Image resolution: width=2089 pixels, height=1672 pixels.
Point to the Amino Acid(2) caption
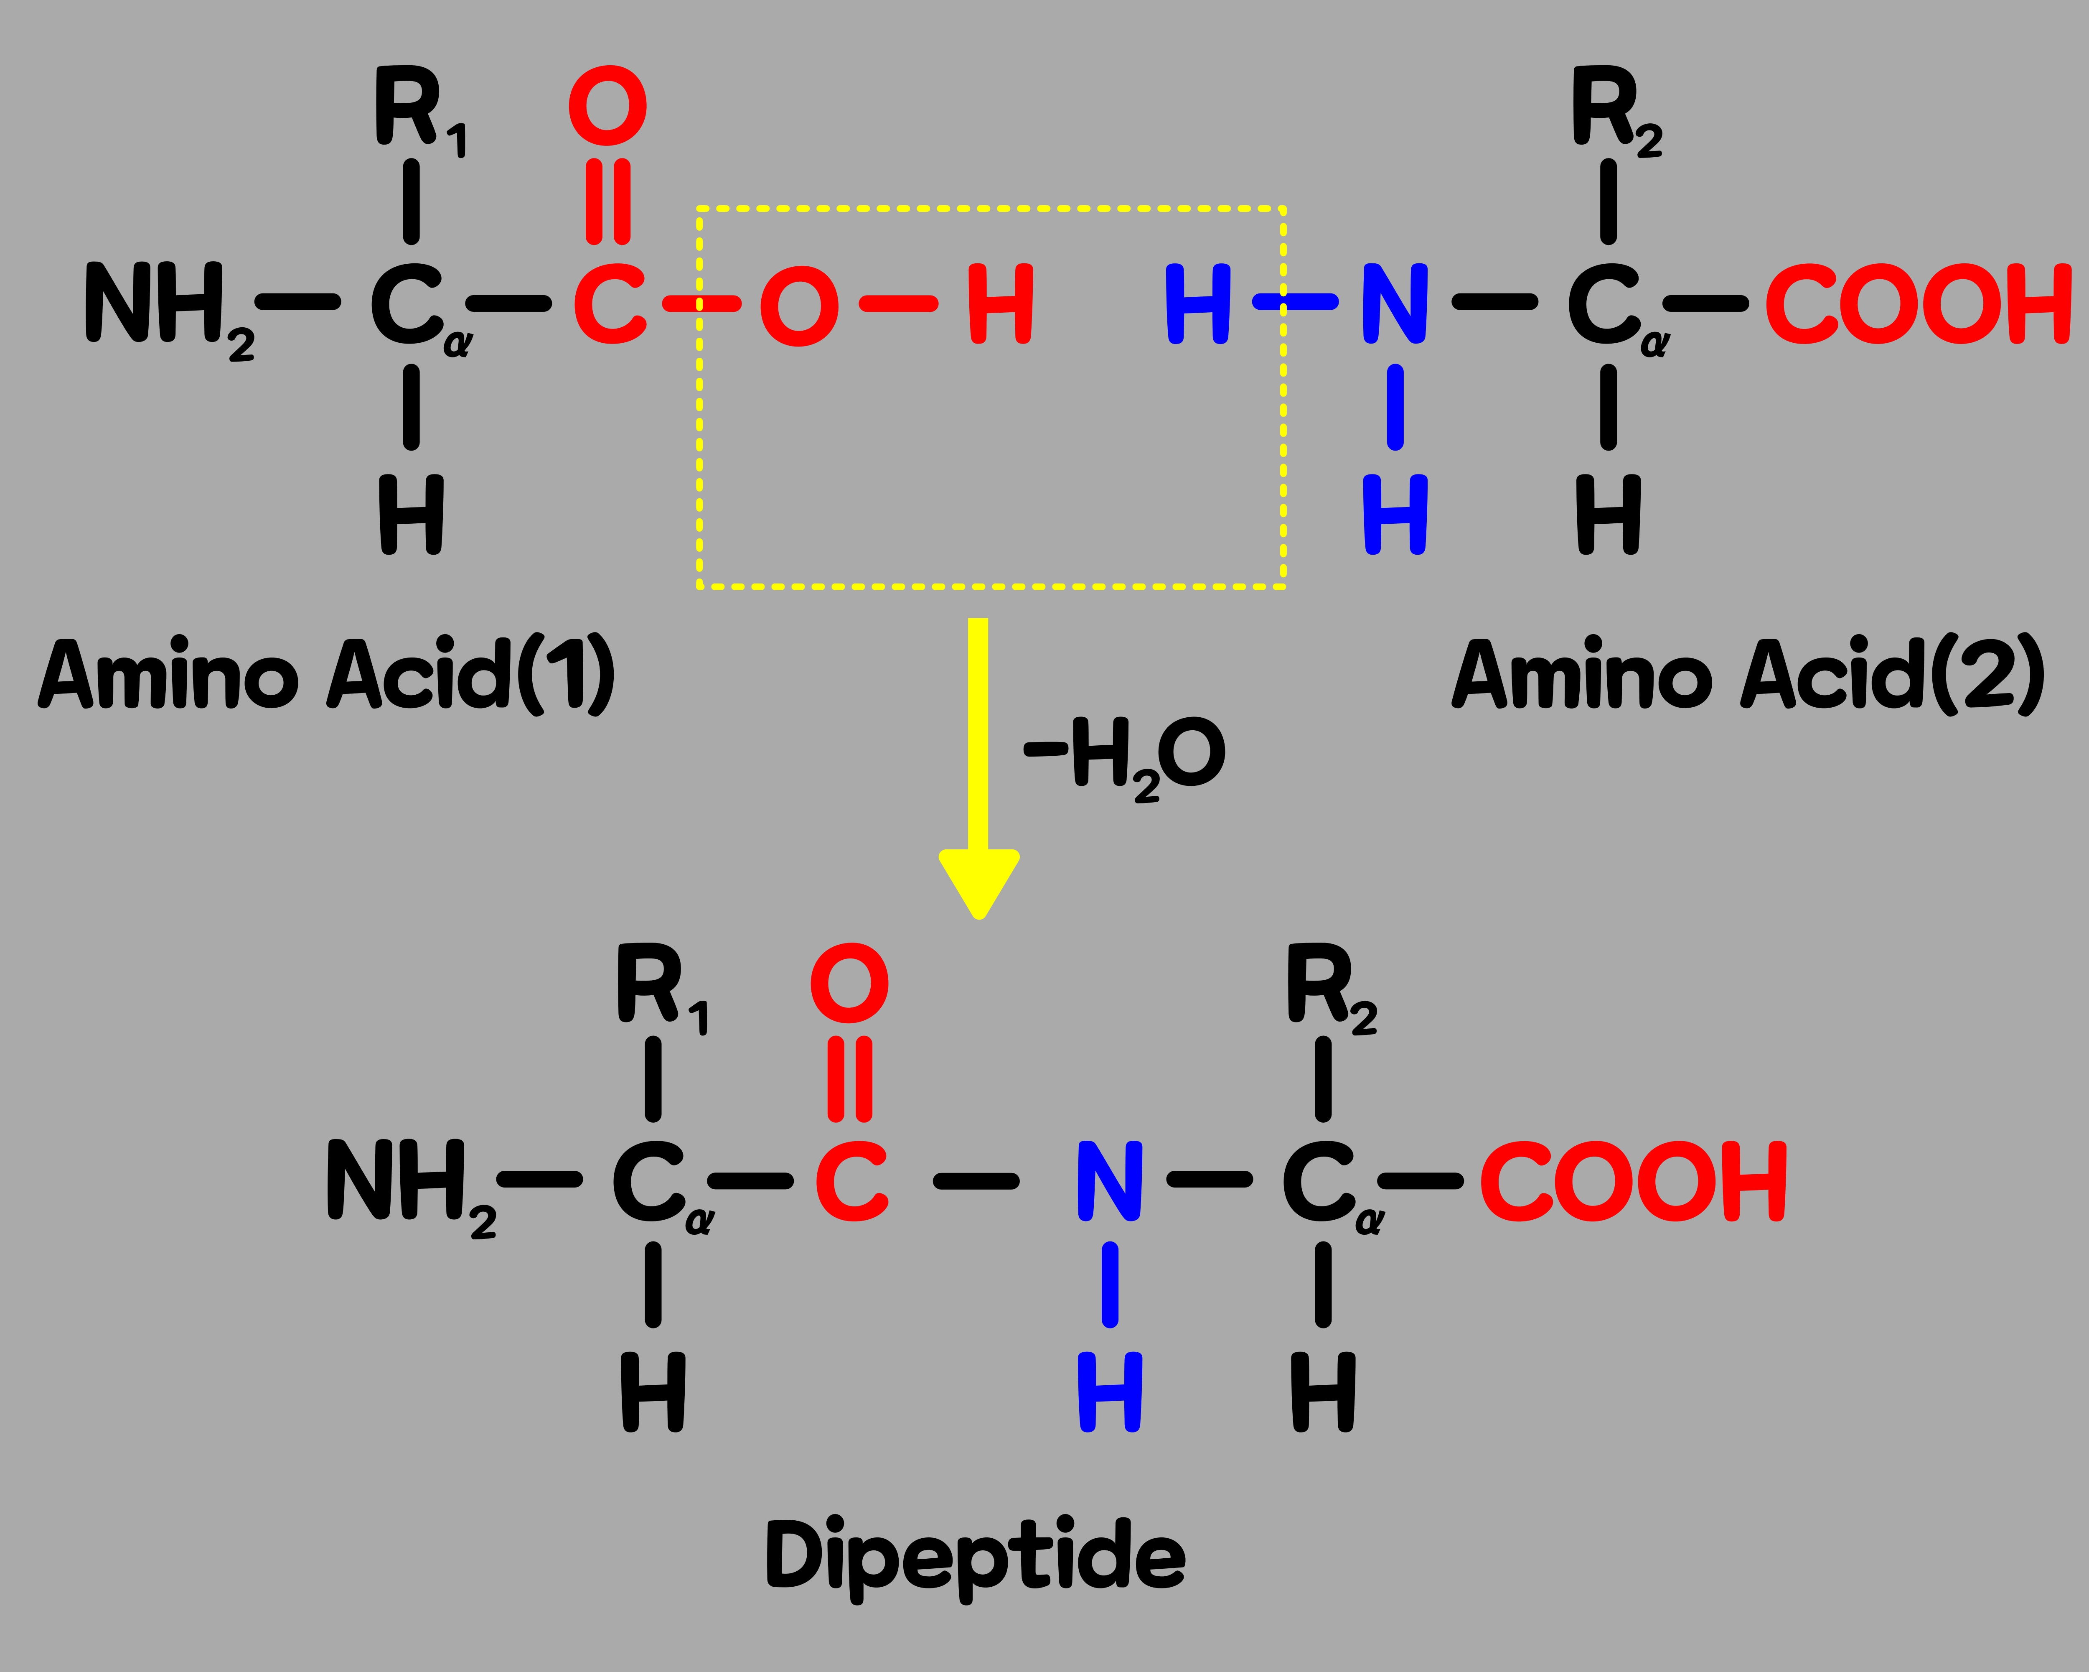point(1749,675)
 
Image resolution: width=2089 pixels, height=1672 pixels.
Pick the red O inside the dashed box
point(799,306)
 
